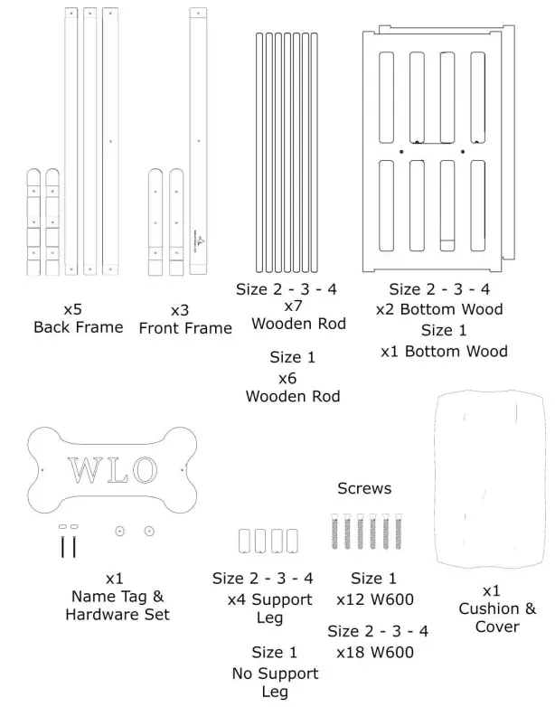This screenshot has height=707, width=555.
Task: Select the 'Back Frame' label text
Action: pos(79,327)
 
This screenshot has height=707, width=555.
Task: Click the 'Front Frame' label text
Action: pos(185,328)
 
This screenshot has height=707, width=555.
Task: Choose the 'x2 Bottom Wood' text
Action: pos(439,309)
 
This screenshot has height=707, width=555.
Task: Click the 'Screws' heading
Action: pos(364,488)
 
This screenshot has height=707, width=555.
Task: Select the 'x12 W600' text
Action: pos(375,599)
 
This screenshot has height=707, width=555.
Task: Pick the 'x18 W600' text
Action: pos(375,652)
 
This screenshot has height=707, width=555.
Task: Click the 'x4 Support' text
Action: pos(269,599)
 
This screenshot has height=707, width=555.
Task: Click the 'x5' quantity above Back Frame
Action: pos(74,308)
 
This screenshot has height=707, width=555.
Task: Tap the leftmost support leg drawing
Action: pos(245,541)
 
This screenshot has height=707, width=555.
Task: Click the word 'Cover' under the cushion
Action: pos(496,627)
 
